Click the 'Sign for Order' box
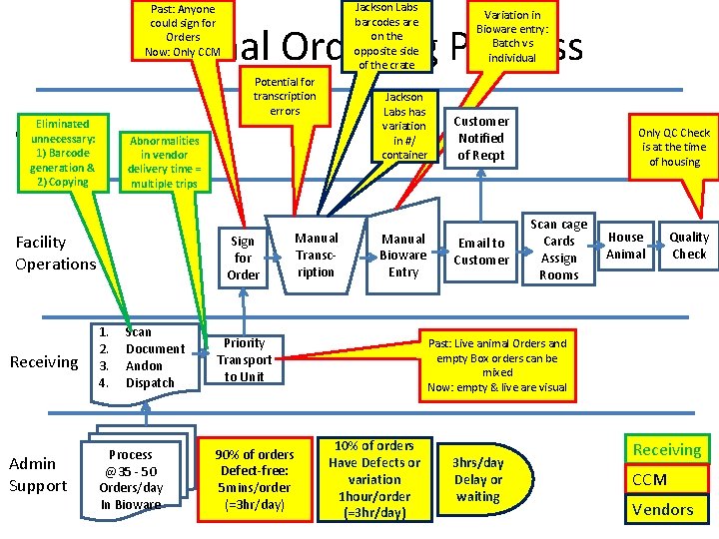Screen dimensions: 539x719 (244, 258)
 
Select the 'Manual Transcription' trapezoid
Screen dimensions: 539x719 (317, 255)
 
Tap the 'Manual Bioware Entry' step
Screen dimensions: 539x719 (403, 255)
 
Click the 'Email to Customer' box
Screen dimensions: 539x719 (481, 252)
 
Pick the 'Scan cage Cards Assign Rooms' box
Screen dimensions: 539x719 (558, 250)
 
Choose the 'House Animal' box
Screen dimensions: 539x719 (626, 246)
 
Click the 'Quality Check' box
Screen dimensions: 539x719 (689, 246)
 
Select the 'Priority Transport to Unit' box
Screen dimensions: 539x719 (244, 359)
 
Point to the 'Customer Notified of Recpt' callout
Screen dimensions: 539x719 (481, 138)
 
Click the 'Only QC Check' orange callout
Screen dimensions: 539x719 (674, 147)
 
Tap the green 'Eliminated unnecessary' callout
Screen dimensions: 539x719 (63, 153)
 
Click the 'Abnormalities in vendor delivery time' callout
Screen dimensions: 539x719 (164, 162)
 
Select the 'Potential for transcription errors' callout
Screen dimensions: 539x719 (285, 96)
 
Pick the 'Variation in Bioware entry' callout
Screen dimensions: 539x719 (513, 36)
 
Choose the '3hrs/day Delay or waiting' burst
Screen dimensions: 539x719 (478, 479)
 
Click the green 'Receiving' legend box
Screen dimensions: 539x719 (666, 450)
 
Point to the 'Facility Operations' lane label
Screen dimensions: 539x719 (55, 253)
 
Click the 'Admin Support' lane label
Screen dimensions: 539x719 (38, 474)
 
